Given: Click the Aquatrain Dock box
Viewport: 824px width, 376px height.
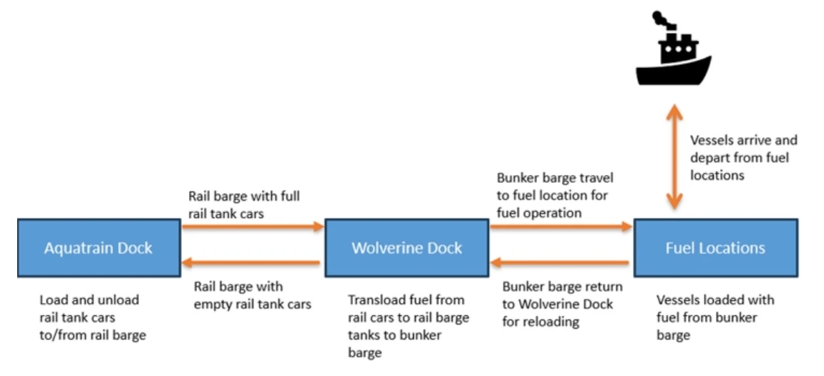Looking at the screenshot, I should click(x=99, y=248).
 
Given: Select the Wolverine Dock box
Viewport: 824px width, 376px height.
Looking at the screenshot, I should click(x=407, y=248).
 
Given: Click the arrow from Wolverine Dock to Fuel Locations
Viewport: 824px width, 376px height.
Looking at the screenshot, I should click(x=561, y=227).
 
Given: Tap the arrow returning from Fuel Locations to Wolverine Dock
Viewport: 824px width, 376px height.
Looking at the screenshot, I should click(x=561, y=263).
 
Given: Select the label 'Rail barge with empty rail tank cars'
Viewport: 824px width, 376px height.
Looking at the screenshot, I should click(x=253, y=295).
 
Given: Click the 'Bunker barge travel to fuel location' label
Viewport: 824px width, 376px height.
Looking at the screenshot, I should click(x=555, y=194).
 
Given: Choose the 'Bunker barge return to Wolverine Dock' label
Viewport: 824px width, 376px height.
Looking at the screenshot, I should click(x=562, y=304).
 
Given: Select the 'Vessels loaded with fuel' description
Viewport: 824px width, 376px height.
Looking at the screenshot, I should click(x=715, y=317).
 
